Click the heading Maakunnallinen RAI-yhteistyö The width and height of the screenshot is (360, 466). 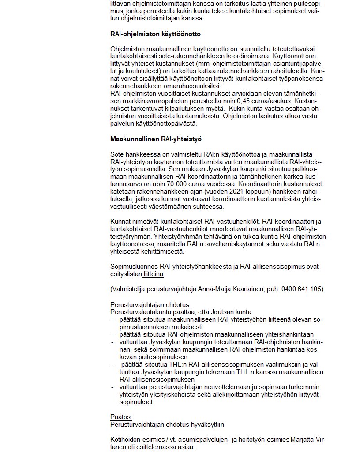(x=156, y=139)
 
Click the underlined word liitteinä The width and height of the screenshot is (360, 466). (x=153, y=274)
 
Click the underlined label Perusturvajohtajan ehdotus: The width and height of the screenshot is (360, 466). (x=150, y=305)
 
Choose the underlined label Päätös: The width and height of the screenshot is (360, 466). (x=121, y=417)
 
